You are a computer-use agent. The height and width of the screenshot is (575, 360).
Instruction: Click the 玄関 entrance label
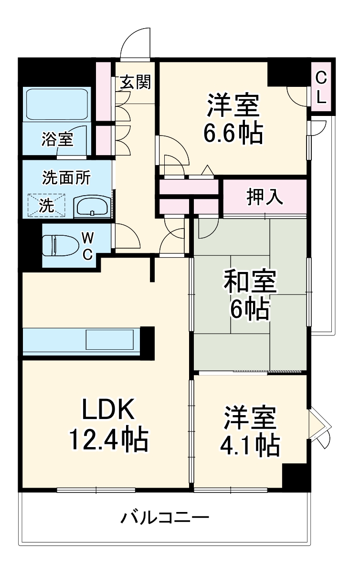click(135, 83)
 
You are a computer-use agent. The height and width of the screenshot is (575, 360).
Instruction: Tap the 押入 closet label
click(264, 196)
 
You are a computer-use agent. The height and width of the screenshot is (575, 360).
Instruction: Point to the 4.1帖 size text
click(249, 445)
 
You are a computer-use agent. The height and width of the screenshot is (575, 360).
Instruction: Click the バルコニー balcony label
click(164, 518)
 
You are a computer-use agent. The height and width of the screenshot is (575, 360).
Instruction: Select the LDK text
click(109, 409)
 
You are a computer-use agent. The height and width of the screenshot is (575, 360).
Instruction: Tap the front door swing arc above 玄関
click(136, 43)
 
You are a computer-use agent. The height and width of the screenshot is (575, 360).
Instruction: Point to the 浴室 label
click(57, 139)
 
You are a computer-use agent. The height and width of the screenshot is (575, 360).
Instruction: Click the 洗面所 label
click(66, 178)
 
